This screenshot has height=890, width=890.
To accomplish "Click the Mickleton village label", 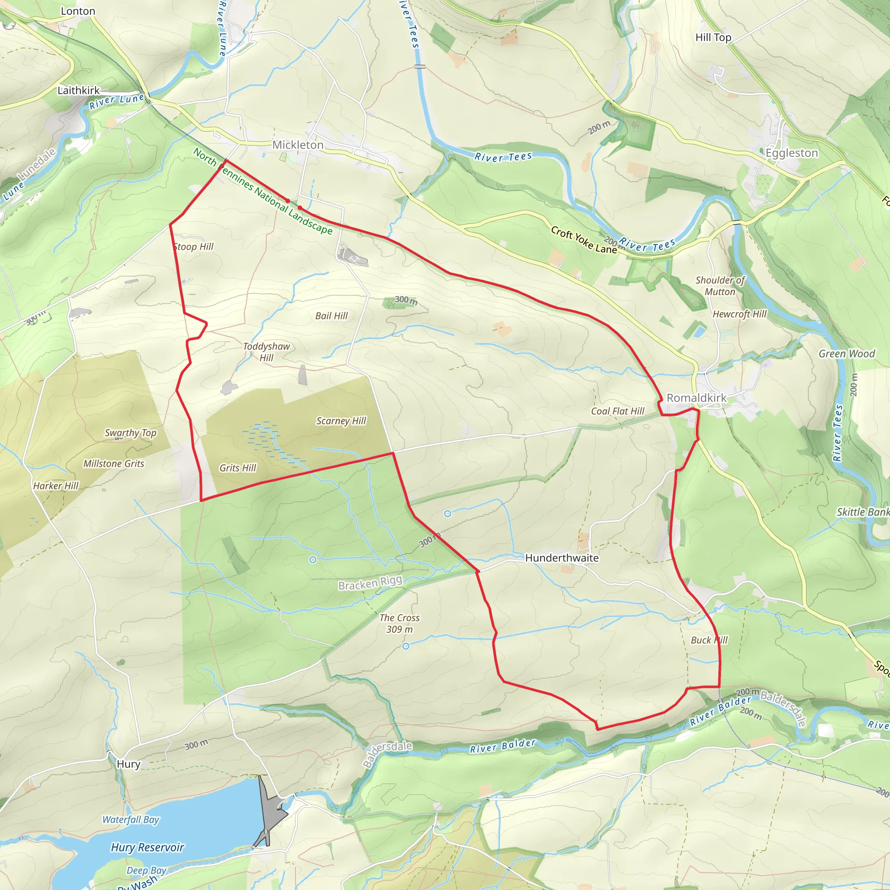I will (298, 145).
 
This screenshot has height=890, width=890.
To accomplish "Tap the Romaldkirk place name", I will (696, 398).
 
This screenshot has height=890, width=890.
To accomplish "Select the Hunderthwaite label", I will (561, 558).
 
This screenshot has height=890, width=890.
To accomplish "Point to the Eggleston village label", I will (791, 153).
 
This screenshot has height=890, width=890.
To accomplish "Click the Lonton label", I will (78, 11).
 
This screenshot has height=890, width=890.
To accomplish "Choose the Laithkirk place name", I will (78, 90).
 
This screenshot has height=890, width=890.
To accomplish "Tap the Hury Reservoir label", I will (147, 847).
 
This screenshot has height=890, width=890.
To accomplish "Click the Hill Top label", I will (713, 37).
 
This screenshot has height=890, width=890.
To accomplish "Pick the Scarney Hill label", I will (341, 421).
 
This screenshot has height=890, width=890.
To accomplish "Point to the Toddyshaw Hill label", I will (266, 352).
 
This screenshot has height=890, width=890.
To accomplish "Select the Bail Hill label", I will (331, 315).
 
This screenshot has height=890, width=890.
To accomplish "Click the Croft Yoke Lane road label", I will (584, 239).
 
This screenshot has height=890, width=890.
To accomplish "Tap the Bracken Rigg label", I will (370, 583).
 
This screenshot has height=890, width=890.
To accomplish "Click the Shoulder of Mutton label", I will (720, 286).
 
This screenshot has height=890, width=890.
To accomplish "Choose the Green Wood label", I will (846, 353).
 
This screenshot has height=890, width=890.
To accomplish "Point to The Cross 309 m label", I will (399, 623).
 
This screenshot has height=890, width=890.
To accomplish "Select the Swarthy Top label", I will (130, 432).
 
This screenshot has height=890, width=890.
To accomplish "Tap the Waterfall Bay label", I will (130, 820).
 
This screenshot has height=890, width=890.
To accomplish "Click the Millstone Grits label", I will (114, 463).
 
